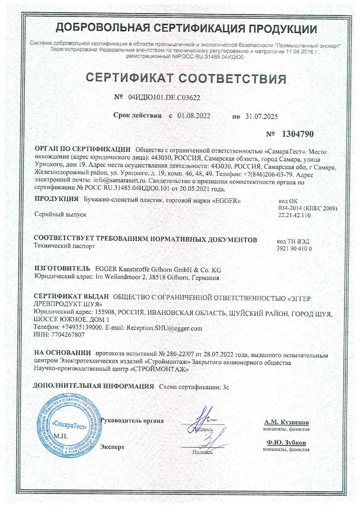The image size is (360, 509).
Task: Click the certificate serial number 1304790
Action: point(297,134)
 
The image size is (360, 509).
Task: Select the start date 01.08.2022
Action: point(194,116)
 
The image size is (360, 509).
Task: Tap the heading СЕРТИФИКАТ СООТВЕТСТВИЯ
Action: point(185,78)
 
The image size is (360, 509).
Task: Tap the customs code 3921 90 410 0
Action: point(293,248)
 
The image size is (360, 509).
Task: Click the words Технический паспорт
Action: point(65,247)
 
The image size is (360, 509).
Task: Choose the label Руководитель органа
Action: point(132,420)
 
